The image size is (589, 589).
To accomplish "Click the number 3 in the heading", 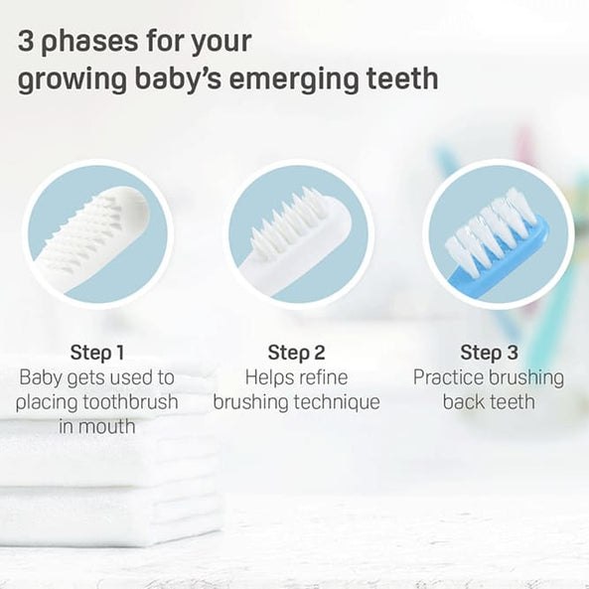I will pos(27,43).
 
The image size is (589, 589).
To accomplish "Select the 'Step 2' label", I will pos(296,353).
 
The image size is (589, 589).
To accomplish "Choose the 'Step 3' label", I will pos(489,353).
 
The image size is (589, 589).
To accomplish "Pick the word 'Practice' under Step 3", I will pos(452,377).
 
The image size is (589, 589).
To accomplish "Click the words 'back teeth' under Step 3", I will pos(489,402).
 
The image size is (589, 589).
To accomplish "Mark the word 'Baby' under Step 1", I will pos(41,377).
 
